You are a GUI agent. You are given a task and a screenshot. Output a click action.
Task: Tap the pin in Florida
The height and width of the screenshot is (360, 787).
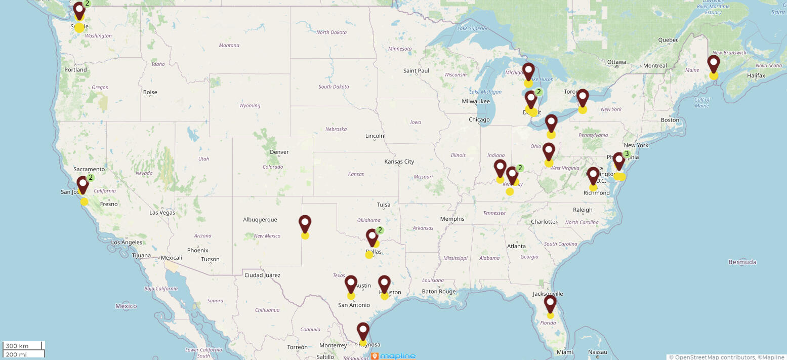pyautogui.click(x=550, y=304)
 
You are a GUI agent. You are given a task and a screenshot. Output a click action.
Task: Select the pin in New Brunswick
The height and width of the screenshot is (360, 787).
pyautogui.click(x=714, y=64)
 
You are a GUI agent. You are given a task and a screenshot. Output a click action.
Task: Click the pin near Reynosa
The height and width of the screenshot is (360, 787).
pyautogui.click(x=363, y=331)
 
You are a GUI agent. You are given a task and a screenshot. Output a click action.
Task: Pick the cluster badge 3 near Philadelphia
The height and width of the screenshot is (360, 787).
pyautogui.click(x=627, y=154)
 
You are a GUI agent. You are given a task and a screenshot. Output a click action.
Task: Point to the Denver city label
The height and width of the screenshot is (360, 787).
pyautogui.click(x=279, y=152)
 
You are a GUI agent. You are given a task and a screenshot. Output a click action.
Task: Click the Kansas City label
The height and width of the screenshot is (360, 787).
pyautogui.click(x=399, y=162)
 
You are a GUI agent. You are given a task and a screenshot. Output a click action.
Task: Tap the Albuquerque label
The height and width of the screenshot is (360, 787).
pyautogui.click(x=260, y=220)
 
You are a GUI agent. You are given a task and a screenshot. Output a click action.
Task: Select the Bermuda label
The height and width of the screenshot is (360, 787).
pyautogui.click(x=742, y=262)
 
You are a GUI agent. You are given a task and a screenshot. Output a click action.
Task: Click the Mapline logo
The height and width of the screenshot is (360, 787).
pyautogui.click(x=394, y=356)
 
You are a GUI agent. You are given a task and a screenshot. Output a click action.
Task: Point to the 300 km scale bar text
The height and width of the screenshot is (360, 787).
pyautogui.click(x=17, y=346)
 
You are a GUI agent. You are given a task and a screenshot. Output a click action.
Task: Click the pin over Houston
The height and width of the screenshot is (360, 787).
pyautogui.click(x=385, y=284)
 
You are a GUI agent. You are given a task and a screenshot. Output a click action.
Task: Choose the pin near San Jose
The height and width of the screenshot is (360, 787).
pyautogui.click(x=82, y=185)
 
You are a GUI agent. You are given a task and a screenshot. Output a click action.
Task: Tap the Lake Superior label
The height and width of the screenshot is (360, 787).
pyautogui.click(x=472, y=28)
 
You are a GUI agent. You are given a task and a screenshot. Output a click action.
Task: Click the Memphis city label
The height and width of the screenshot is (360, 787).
pyautogui.click(x=452, y=219)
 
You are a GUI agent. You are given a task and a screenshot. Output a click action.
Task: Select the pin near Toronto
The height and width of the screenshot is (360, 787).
pyautogui.click(x=583, y=98)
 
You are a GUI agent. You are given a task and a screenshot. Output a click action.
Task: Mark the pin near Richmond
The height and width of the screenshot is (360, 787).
pyautogui.click(x=593, y=176)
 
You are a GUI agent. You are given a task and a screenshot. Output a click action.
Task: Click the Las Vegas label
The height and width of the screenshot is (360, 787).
pyautogui.click(x=162, y=213)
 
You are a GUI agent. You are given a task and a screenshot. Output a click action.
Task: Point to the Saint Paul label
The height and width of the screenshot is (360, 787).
pyautogui.click(x=416, y=70)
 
